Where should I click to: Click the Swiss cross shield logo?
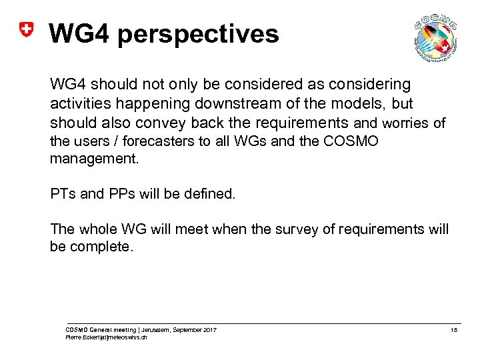pos(25,31)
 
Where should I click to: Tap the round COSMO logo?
pos(435,38)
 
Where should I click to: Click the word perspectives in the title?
pos(198,33)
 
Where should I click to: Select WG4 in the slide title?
pos(79,33)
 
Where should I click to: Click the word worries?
pos(407,123)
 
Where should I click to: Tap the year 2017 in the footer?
pos(209,330)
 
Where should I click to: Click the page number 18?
pos(454,330)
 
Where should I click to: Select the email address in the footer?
pos(107,337)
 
